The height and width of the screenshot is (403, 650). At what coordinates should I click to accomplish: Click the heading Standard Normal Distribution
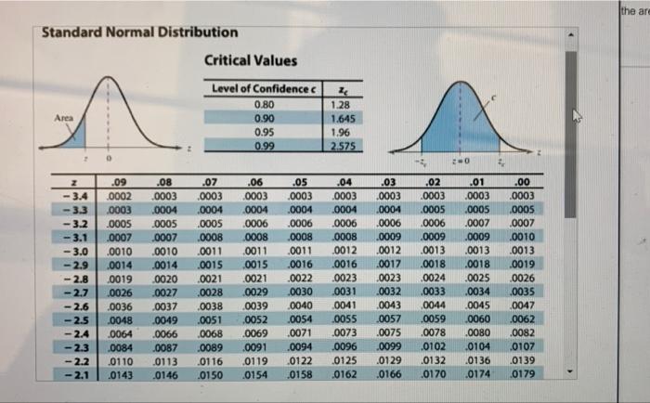[x=140, y=32]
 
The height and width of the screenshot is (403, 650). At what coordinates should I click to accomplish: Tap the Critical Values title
[x=250, y=60]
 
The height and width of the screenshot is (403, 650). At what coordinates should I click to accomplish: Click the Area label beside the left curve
[x=64, y=118]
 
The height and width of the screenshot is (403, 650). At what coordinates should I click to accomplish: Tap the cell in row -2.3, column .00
[x=522, y=348]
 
